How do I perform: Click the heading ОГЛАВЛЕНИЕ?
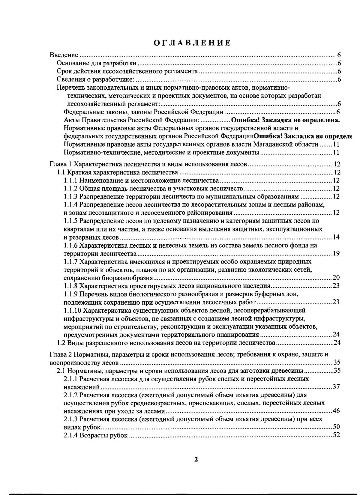click(x=192, y=43)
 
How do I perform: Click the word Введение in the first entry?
click(x=64, y=55)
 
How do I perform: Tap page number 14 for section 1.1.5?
click(x=336, y=237)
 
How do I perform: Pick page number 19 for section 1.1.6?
click(x=336, y=254)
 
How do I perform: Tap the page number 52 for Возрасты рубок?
click(x=336, y=435)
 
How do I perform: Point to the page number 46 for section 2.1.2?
click(x=336, y=411)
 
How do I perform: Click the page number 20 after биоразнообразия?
click(x=336, y=277)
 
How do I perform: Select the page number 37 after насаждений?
click(x=336, y=387)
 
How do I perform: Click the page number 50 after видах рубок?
click(x=336, y=427)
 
